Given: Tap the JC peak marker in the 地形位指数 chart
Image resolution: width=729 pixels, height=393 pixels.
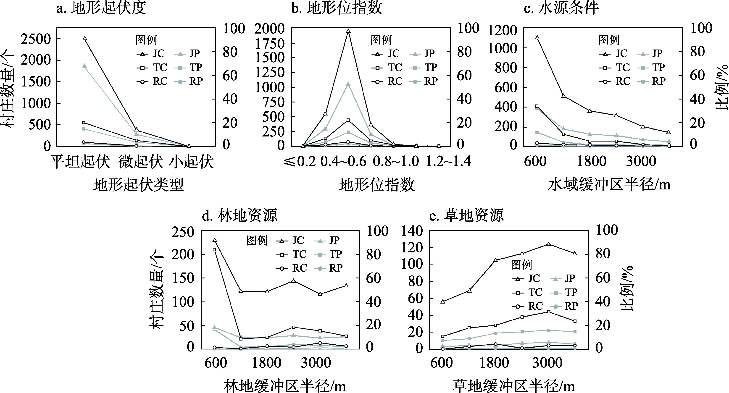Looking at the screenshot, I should click(348, 31).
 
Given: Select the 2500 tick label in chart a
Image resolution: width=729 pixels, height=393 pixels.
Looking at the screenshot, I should click(35, 39).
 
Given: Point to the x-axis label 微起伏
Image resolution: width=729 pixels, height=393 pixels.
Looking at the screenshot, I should click(141, 162).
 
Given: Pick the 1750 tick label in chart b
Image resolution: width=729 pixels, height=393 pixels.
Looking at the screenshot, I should click(269, 44).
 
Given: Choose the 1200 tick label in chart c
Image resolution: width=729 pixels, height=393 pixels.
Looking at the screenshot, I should click(502, 31).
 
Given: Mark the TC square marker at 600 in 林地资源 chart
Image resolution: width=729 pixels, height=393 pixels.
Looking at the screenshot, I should click(215, 249).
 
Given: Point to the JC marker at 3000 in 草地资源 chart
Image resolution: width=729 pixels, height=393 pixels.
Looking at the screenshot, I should click(548, 244).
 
